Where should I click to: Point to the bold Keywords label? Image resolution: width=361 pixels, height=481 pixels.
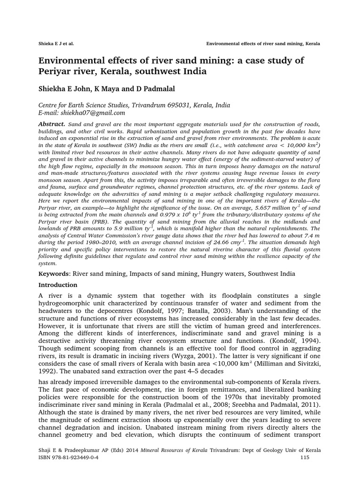pos(53,273)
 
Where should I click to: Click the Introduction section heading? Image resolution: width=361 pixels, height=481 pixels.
pos(58,285)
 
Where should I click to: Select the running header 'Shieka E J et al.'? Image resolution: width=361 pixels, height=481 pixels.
pos(56,44)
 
